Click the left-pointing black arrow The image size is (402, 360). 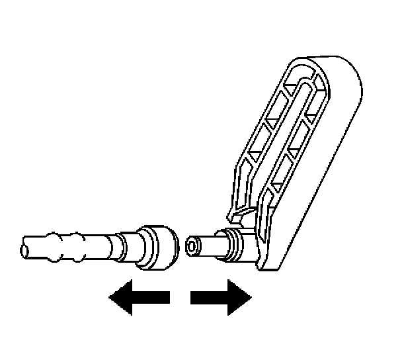coord(139,299)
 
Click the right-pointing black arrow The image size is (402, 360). coord(221,299)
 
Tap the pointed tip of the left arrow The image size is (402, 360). coord(111,299)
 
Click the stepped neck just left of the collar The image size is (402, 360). coord(134,246)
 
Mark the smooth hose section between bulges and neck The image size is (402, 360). coord(102,243)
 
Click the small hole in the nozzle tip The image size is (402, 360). coord(192,246)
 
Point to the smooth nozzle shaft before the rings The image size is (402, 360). coord(210,245)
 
